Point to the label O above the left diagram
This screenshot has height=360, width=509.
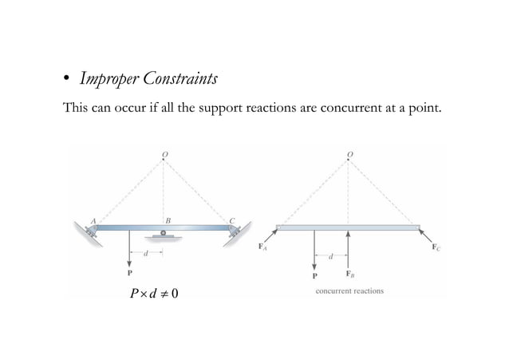(164, 152)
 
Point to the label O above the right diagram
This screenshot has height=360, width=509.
(349, 152)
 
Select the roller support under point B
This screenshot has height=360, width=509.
(164, 235)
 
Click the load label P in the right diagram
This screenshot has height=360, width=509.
(314, 274)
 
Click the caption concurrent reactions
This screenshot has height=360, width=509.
(349, 291)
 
